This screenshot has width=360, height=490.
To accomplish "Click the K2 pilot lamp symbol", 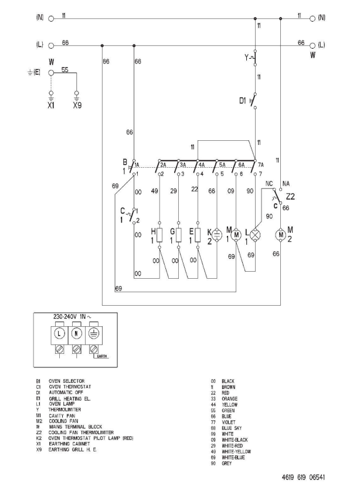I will pyautogui.click(x=217, y=234).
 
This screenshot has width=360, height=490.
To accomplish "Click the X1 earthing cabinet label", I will pyautogui.click(x=51, y=108).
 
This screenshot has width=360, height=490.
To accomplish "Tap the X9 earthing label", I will pyautogui.click(x=76, y=108).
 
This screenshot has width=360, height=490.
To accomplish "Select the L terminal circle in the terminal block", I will pyautogui.click(x=59, y=335).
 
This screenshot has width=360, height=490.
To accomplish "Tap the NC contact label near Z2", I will pyautogui.click(x=269, y=184).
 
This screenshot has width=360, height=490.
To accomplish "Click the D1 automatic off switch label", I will pyautogui.click(x=243, y=100).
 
